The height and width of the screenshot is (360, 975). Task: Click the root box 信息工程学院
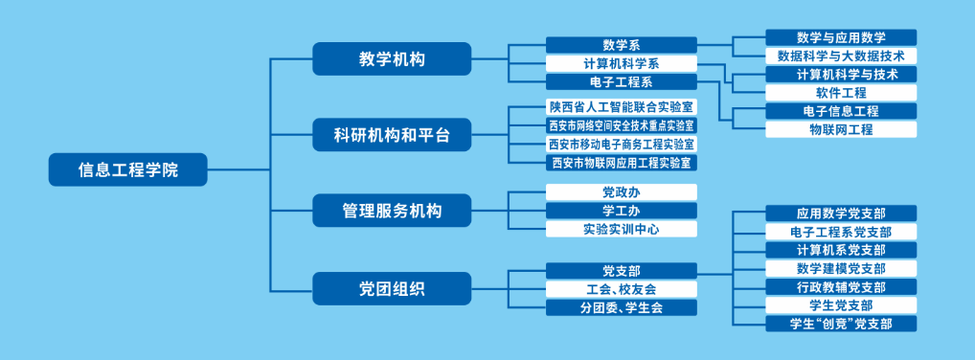tap(127, 169)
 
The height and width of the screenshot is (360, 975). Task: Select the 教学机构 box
tap(392, 59)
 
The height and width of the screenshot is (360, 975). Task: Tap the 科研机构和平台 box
tap(392, 134)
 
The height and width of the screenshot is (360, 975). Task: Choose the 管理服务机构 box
tap(392, 210)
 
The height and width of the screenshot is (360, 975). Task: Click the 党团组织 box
tap(392, 288)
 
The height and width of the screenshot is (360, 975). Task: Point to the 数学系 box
tap(622, 45)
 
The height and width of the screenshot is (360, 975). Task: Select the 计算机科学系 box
tap(622, 63)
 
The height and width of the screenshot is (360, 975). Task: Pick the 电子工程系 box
tap(622, 82)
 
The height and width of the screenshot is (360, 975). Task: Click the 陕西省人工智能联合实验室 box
tap(622, 106)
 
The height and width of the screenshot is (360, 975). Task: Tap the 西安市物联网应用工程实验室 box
tap(622, 163)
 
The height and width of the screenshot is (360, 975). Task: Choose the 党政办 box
tap(622, 192)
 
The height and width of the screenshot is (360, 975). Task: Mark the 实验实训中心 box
tap(622, 229)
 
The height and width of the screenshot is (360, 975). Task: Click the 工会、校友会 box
tap(622, 289)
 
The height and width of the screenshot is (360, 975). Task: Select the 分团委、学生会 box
tap(622, 307)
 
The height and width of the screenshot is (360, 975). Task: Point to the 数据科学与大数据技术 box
tap(841, 56)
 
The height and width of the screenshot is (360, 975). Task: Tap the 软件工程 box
tap(841, 93)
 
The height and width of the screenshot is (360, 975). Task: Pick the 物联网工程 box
tap(841, 129)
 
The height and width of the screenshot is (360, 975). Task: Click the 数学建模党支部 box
tap(841, 269)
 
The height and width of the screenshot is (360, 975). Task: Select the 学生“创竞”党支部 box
tap(841, 324)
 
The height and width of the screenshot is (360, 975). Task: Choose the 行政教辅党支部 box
tap(841, 286)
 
